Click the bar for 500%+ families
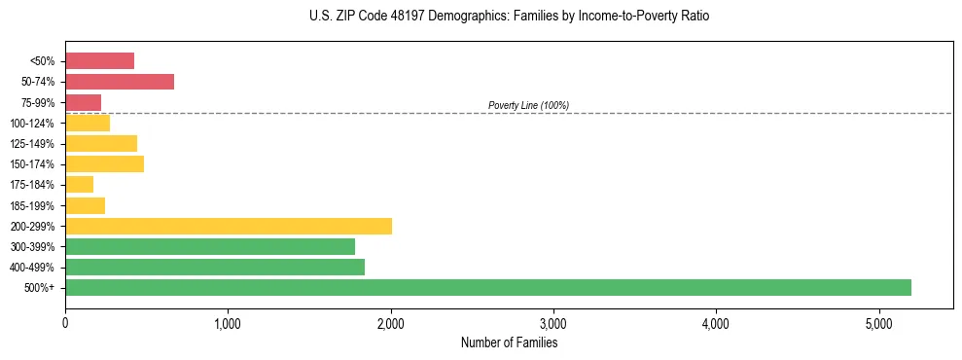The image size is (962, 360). pyautogui.click(x=487, y=287)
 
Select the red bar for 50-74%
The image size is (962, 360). pyautogui.click(x=120, y=82)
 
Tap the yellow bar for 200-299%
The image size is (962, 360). pyautogui.click(x=229, y=226)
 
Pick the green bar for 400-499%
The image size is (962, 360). pyautogui.click(x=215, y=267)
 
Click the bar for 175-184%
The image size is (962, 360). pyautogui.click(x=80, y=185)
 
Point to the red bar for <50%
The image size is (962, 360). pyautogui.click(x=99, y=61)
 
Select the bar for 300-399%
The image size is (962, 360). pyautogui.click(x=210, y=246)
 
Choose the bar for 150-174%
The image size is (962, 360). pyautogui.click(x=104, y=163)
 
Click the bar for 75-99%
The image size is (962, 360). pyautogui.click(x=84, y=102)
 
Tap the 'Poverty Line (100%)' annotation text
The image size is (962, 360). pyautogui.click(x=528, y=105)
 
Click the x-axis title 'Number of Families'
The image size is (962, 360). pyautogui.click(x=509, y=342)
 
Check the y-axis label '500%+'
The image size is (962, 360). pyautogui.click(x=41, y=288)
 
